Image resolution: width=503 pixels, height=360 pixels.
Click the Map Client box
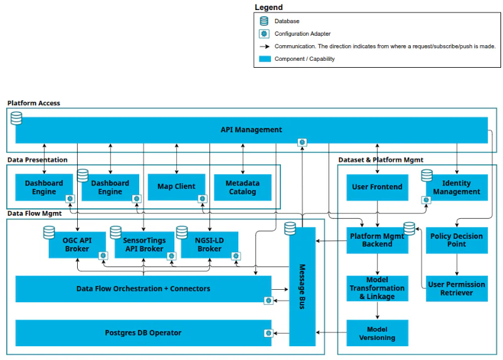click(176, 187)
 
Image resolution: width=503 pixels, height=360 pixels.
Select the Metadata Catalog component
click(243, 188)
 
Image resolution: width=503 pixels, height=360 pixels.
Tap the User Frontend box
click(378, 188)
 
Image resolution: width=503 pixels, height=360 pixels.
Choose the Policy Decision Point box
click(457, 240)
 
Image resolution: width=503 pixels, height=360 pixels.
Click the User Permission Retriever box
click(457, 289)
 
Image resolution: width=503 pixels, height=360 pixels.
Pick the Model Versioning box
click(378, 333)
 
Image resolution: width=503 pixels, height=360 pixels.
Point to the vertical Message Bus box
click(302, 287)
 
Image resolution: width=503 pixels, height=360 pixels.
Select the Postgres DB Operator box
click(144, 333)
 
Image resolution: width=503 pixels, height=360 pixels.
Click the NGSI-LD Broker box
click(209, 245)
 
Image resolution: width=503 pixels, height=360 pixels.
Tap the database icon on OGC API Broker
click(49, 233)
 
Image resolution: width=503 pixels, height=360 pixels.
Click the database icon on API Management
click(16, 118)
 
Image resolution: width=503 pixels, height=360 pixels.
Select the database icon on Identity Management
click(426, 176)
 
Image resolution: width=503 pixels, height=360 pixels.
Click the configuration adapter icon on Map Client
click(203, 199)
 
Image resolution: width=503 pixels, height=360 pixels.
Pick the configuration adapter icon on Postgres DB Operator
click(268, 333)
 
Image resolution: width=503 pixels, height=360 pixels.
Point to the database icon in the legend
click(264, 21)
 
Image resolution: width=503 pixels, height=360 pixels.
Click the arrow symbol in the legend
click(265, 46)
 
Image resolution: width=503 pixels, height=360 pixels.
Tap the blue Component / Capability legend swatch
click(265, 59)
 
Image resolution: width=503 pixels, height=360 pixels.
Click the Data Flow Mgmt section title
click(34, 213)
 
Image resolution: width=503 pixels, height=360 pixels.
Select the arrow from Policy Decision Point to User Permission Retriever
click(457, 265)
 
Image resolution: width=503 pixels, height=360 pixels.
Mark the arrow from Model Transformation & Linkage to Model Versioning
click(378, 310)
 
